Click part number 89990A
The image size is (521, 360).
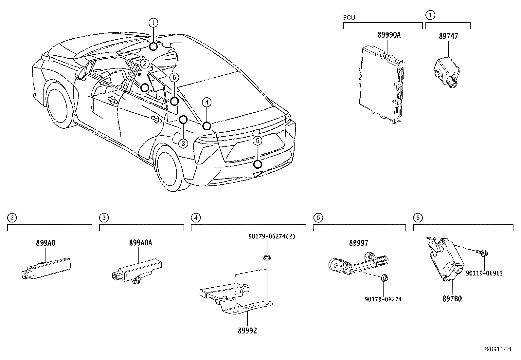click(x=389, y=35)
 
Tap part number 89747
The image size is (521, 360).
click(x=448, y=36)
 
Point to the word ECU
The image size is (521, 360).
click(x=349, y=17)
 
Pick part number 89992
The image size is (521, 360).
click(x=247, y=331)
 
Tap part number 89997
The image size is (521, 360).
click(x=358, y=243)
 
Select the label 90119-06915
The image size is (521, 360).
click(x=484, y=273)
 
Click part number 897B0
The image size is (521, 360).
click(x=452, y=298)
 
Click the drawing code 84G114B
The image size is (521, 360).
click(x=497, y=349)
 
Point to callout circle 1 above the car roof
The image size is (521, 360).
click(x=153, y=23)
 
